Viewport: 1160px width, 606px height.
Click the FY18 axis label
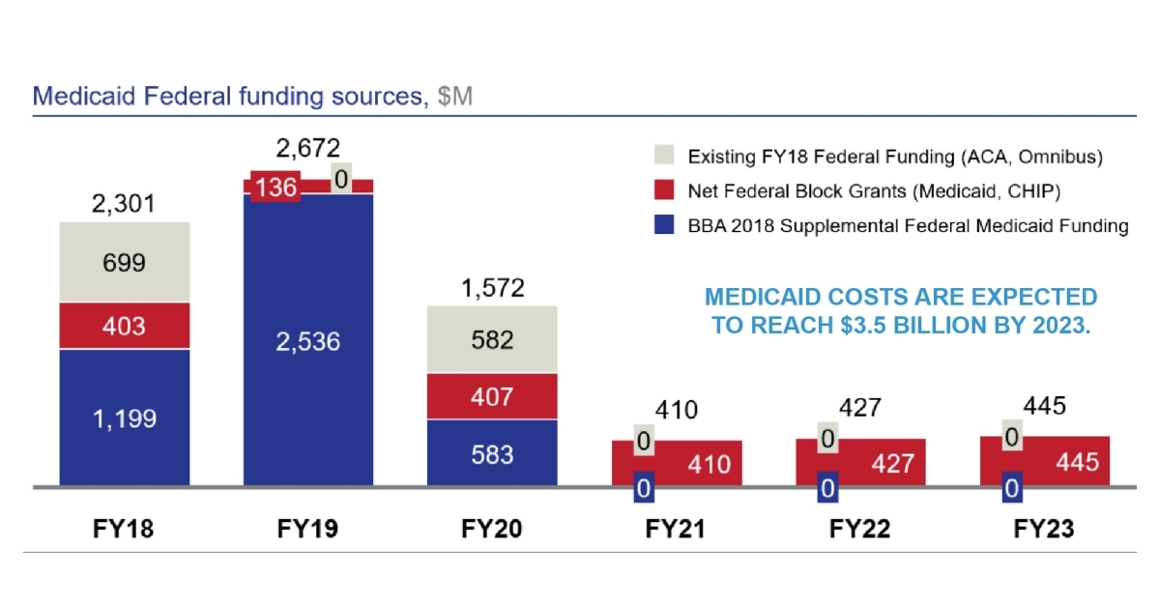pyautogui.click(x=125, y=530)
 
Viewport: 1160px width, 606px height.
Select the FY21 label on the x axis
pyautogui.click(x=676, y=530)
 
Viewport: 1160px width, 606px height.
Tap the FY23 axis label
pyautogui.click(x=1044, y=530)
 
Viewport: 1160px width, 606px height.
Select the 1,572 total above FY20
pyautogui.click(x=492, y=287)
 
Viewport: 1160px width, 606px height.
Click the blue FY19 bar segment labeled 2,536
pyautogui.click(x=308, y=340)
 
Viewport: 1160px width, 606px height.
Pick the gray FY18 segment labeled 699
pyautogui.click(x=125, y=262)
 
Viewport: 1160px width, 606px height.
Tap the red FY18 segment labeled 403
pyautogui.click(x=125, y=326)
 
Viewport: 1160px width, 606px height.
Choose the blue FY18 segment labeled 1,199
pyautogui.click(x=125, y=418)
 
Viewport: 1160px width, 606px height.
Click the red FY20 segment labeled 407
pyautogui.click(x=492, y=396)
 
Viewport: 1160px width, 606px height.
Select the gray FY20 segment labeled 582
pyautogui.click(x=492, y=339)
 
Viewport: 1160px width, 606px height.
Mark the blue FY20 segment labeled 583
pyautogui.click(x=492, y=452)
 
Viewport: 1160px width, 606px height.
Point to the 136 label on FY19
pyautogui.click(x=275, y=187)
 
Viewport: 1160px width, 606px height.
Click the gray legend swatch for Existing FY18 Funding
pyautogui.click(x=663, y=156)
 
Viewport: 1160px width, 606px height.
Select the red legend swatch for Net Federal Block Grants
pyautogui.click(x=663, y=191)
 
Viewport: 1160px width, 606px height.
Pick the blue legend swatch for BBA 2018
pyautogui.click(x=663, y=226)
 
